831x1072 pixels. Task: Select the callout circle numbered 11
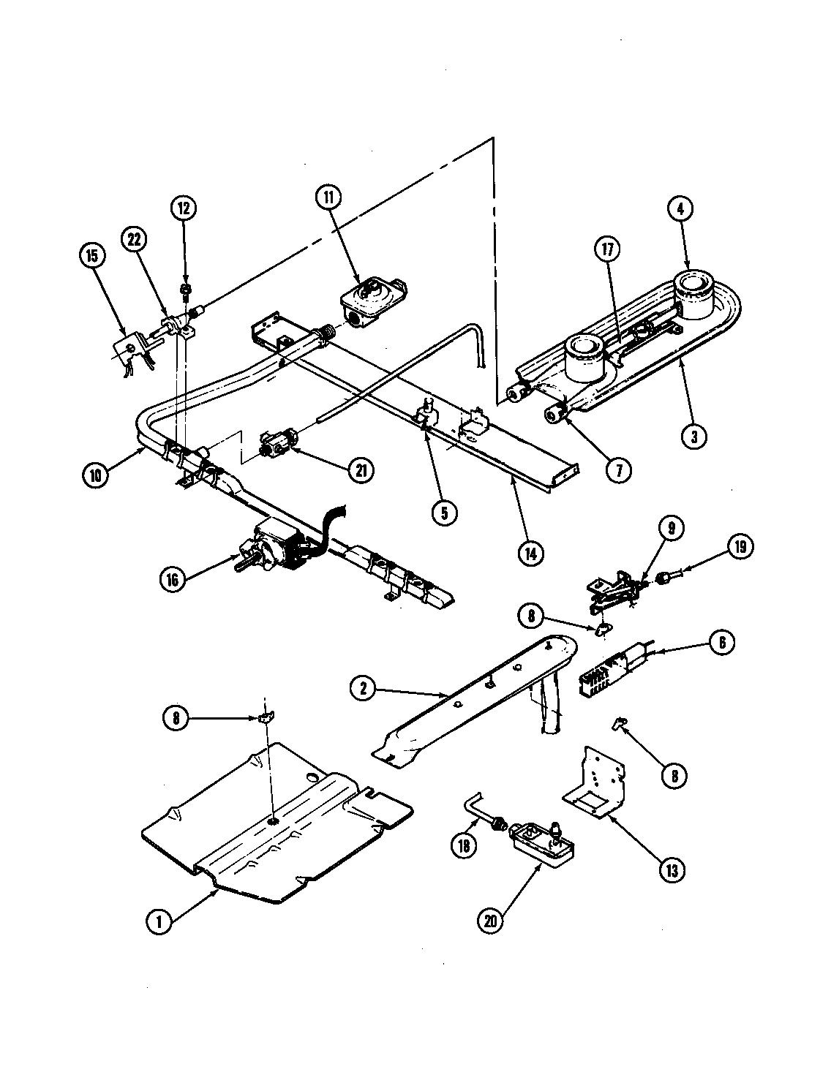(x=328, y=197)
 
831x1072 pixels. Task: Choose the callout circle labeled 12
(x=184, y=208)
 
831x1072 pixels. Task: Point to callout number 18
(x=464, y=845)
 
